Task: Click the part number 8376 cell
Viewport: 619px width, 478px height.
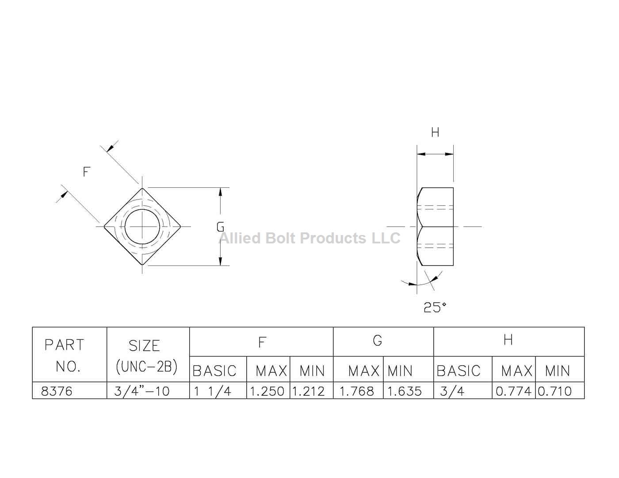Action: [x=57, y=391]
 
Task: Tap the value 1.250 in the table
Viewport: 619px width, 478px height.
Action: [x=267, y=391]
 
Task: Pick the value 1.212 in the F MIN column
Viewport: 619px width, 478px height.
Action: [x=309, y=391]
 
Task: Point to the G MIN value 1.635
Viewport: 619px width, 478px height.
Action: [x=405, y=391]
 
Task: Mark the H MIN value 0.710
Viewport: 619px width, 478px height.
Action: [x=555, y=391]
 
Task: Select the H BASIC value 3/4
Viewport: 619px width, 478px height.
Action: [x=452, y=391]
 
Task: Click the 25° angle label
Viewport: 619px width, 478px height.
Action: [x=435, y=307]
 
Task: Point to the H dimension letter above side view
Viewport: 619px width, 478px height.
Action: [x=435, y=132]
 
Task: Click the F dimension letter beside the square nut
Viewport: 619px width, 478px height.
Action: [x=87, y=171]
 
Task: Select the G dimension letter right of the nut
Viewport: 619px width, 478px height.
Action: [x=220, y=227]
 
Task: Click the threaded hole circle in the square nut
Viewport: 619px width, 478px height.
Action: [x=142, y=227]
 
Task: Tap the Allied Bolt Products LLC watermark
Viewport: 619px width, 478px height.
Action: [x=309, y=239]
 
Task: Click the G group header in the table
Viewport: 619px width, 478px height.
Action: [x=377, y=341]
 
